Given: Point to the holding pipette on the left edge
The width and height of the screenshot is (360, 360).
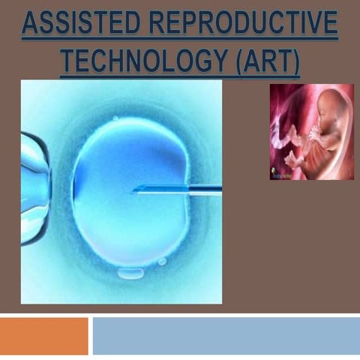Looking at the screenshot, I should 33,187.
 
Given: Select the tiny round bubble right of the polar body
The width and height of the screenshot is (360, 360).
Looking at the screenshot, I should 163,262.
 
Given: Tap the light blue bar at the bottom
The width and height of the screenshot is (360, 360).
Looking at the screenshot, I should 225,335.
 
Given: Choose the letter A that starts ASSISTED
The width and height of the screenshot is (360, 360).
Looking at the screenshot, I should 30,25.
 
